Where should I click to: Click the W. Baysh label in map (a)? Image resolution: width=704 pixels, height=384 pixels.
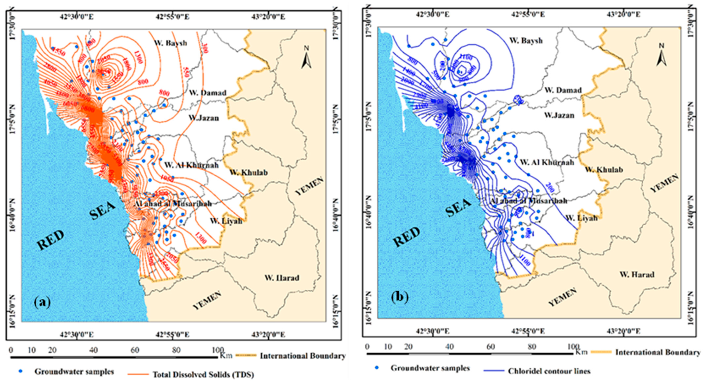tap(170, 43)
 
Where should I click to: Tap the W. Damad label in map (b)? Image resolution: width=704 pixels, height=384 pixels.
tap(563, 90)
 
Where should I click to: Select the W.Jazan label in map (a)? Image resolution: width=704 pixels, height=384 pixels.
tap(204, 118)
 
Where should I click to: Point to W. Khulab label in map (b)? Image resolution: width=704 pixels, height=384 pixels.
tap(604, 170)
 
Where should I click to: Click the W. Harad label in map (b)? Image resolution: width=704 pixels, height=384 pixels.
tap(637, 274)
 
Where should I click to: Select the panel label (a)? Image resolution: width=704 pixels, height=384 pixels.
tap(42, 303)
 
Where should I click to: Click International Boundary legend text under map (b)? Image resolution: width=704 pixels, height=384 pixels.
tap(658, 352)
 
